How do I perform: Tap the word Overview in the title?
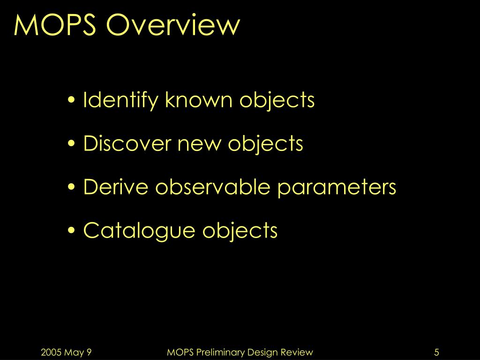[173, 25]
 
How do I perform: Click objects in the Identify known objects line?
[277, 100]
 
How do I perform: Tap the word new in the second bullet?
[202, 144]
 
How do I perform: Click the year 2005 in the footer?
[51, 352]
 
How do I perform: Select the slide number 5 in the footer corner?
[436, 352]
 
